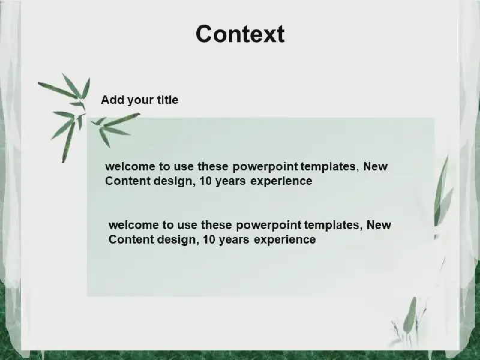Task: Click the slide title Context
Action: (x=241, y=34)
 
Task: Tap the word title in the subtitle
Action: (x=167, y=100)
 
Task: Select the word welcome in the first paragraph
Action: (x=130, y=167)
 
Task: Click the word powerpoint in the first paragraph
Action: (x=265, y=167)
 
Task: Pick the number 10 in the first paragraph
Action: (x=205, y=181)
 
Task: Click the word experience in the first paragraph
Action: (x=281, y=182)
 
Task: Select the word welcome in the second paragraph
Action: (x=134, y=225)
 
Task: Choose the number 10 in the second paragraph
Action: (x=209, y=239)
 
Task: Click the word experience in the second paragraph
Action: (x=285, y=240)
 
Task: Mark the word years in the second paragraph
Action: (x=234, y=240)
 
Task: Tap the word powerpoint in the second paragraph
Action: (x=269, y=226)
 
